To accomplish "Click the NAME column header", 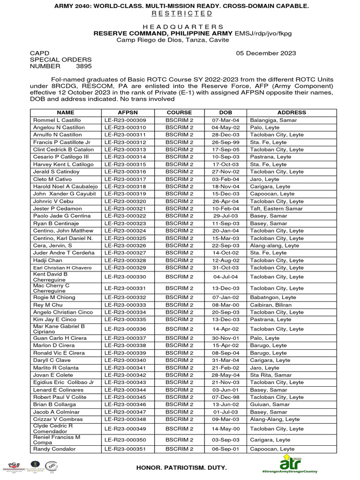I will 66,112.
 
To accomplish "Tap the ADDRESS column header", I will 291,112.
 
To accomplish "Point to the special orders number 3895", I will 84,67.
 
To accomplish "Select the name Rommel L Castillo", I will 57,120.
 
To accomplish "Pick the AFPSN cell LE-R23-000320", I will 125,201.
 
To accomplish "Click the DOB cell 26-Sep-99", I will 225,142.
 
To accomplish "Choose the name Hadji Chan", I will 47,260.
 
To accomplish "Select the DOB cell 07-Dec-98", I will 225,397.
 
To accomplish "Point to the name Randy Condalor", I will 54,449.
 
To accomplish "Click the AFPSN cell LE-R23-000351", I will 125,449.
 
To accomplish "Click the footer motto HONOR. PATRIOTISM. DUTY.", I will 181,468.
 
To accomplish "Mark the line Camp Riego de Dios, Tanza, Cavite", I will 172,40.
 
